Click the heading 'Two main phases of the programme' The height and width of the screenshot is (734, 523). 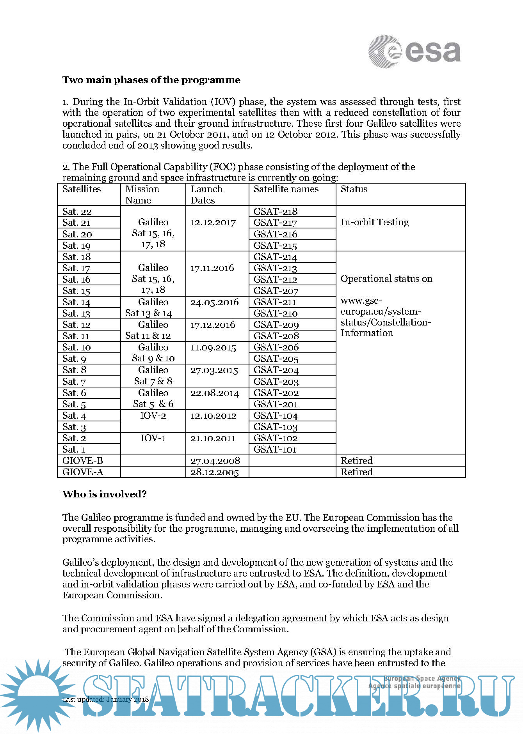[151, 80]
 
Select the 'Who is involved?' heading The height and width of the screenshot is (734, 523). [104, 494]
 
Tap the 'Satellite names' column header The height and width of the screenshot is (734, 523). [286, 189]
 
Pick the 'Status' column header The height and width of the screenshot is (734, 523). [354, 189]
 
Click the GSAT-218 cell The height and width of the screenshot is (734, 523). [275, 211]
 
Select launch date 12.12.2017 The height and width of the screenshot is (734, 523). [213, 223]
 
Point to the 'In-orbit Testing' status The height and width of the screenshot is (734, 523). [374, 222]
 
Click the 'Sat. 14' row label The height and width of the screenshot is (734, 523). [76, 302]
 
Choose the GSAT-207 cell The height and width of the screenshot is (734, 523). [276, 291]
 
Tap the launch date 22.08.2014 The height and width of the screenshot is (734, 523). [214, 393]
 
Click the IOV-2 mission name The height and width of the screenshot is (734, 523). [153, 416]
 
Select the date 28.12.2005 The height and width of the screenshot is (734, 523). [214, 472]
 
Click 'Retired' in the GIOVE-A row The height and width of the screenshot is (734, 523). [356, 472]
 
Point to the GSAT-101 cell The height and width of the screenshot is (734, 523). [275, 449]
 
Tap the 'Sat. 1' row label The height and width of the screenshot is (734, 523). [73, 449]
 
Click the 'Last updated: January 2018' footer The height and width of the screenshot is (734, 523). [105, 699]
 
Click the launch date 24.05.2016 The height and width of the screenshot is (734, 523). [214, 302]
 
